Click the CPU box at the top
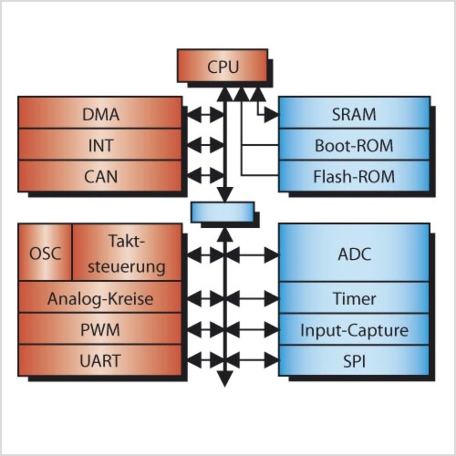[x=222, y=66]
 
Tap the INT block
[x=100, y=145]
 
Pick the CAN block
[x=100, y=176]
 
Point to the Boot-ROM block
[x=354, y=145]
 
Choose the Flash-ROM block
[x=354, y=176]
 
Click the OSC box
[x=45, y=253]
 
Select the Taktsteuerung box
[x=127, y=253]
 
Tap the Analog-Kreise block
[x=100, y=298]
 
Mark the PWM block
[x=100, y=330]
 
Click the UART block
[x=100, y=361]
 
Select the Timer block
[x=354, y=298]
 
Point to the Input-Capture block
[x=354, y=330]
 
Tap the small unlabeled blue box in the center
[x=222, y=212]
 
